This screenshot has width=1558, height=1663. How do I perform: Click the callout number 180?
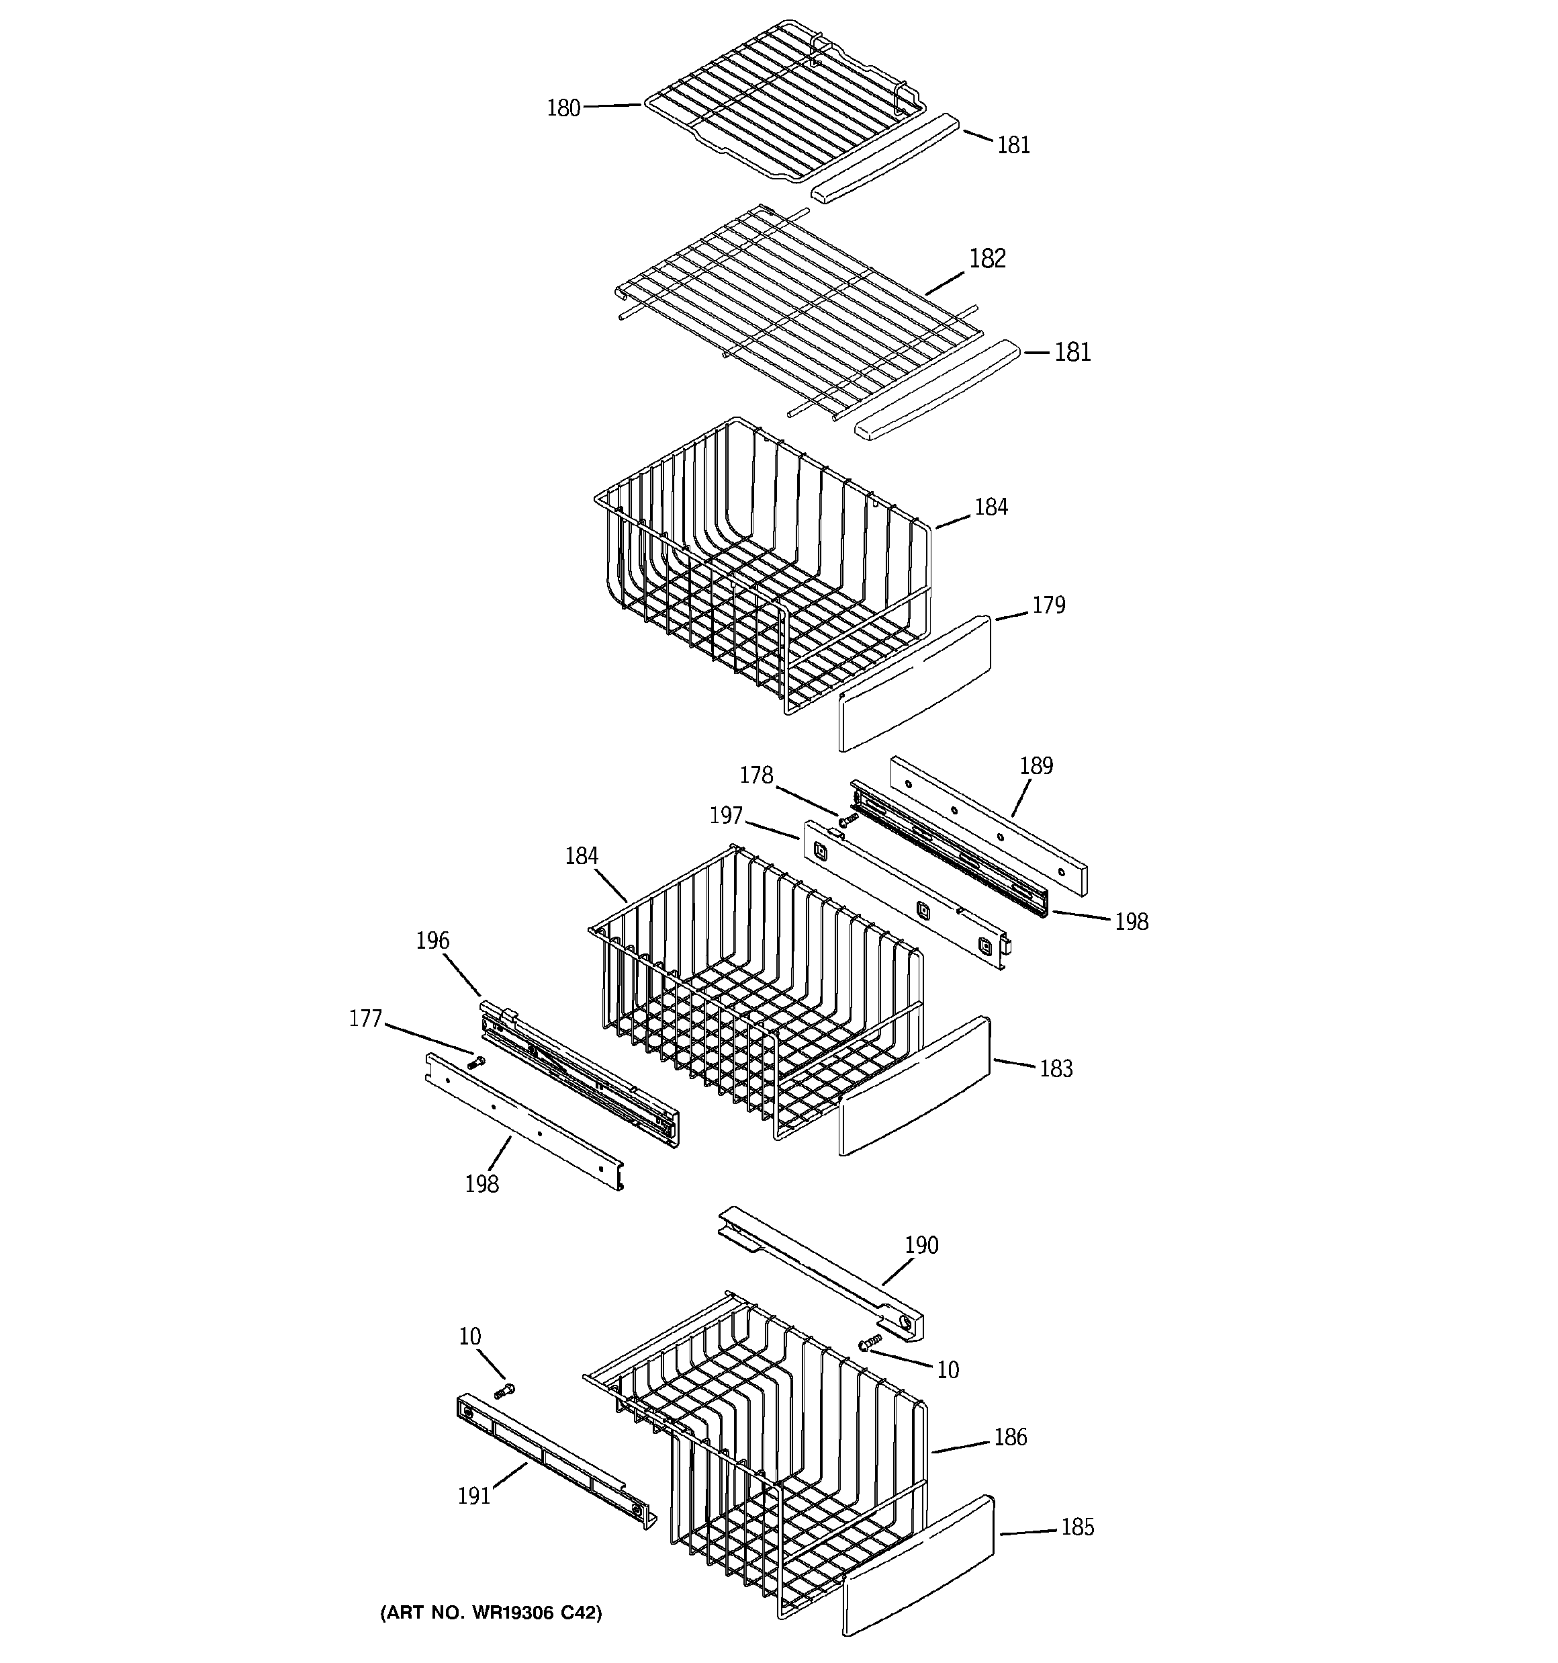pos(563,108)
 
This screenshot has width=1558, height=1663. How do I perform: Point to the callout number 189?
pos(1036,765)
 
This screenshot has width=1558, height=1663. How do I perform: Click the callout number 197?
pos(726,815)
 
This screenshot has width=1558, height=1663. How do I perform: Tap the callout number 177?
pos(365,1019)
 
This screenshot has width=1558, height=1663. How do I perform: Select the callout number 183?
pos(1056,1068)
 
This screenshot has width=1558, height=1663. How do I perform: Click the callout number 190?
pos(921,1245)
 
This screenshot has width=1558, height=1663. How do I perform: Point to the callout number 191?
pos(473,1496)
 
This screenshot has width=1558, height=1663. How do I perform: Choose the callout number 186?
pos(1009,1437)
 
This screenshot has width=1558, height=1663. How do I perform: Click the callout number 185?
pos(1076,1527)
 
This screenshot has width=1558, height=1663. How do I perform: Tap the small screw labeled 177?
pos(476,1063)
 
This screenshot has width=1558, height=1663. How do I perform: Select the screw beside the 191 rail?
pos(504,1391)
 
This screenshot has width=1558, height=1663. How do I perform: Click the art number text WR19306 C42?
pos(491,1613)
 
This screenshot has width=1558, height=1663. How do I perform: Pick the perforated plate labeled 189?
pos(989,823)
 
